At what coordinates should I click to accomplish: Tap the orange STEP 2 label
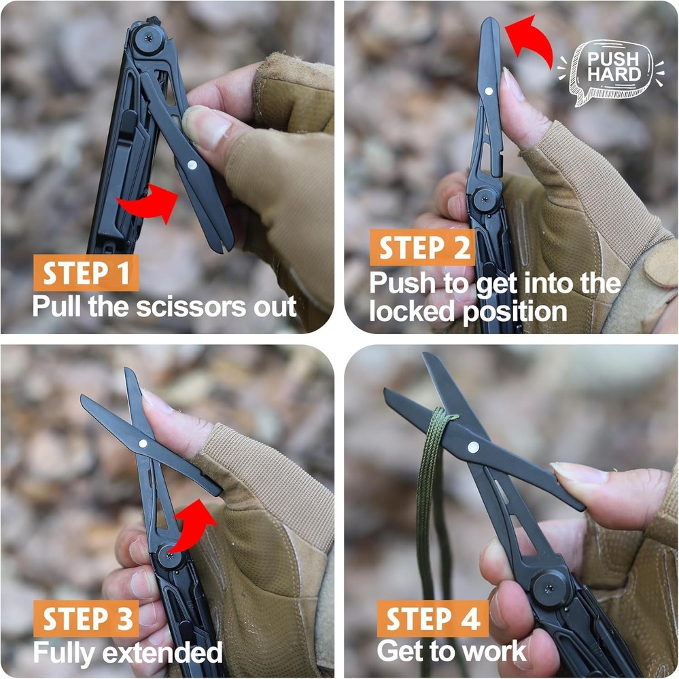tap(421, 248)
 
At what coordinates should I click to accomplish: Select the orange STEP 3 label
tap(87, 619)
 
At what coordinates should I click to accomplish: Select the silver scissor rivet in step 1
tap(192, 164)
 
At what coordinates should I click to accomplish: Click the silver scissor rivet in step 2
tap(490, 91)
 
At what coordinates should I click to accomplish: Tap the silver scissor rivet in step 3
tap(143, 443)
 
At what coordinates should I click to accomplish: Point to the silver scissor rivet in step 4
tap(473, 447)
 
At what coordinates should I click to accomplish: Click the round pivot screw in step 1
tap(145, 37)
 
